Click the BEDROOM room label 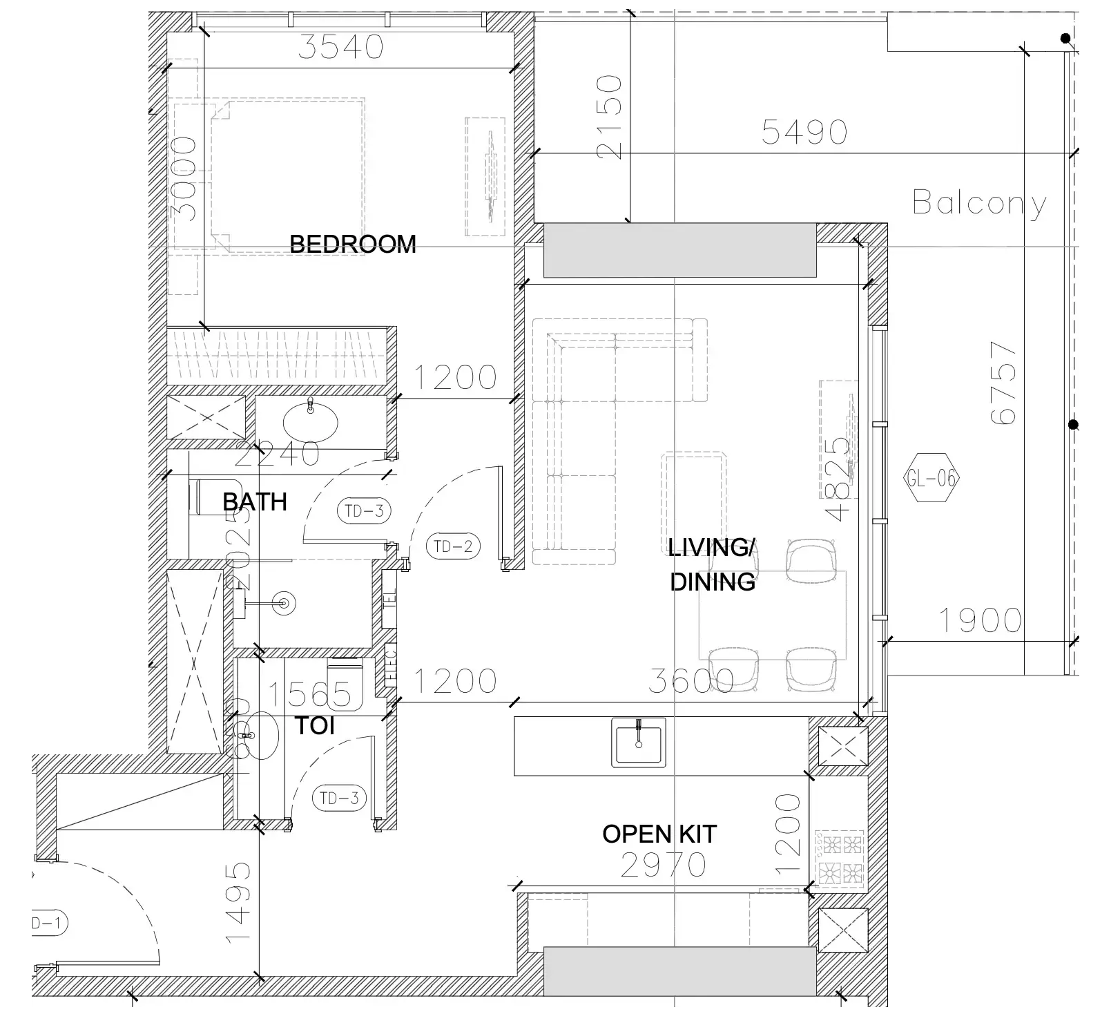coord(352,244)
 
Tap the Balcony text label coord(979,202)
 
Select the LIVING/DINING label coord(712,565)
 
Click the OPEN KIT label coord(659,834)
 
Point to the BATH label coord(255,501)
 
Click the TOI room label coord(315,726)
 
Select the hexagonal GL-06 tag coord(931,478)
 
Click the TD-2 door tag coord(453,546)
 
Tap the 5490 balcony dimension coord(804,132)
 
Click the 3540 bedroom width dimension coord(341,47)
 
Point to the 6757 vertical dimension coord(1003,383)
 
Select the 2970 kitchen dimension coord(663,865)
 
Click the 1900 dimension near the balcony coord(980,620)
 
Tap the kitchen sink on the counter coord(639,742)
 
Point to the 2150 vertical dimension coord(610,117)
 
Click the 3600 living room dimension coord(691,681)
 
